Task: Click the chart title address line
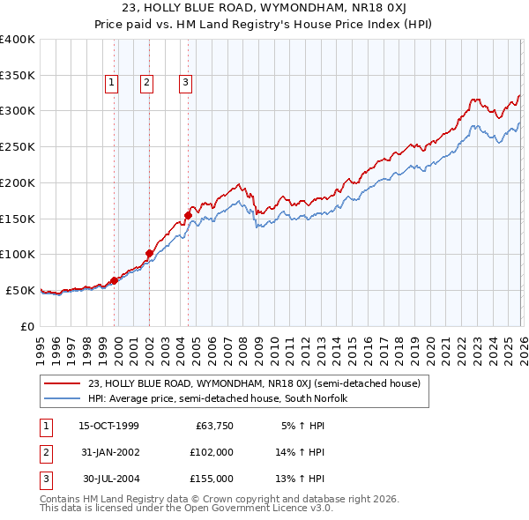264,9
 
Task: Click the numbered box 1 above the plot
113,84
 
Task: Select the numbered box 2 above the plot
146,84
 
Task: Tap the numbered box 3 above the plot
186,84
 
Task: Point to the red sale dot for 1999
115,280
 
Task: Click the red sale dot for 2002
150,253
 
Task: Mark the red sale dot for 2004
189,214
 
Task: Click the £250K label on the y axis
18,147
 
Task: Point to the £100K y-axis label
18,255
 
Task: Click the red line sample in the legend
63,383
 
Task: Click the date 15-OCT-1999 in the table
108,426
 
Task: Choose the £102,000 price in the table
212,452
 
